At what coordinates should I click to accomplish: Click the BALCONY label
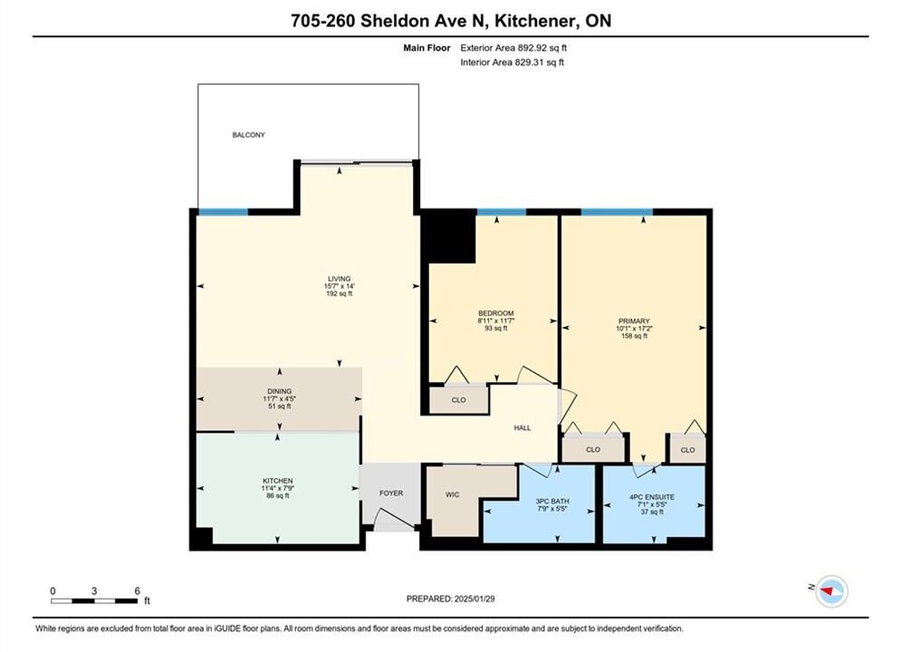(248, 135)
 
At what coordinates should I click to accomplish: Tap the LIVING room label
(339, 279)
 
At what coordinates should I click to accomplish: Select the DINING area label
(279, 391)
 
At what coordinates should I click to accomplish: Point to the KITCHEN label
(277, 481)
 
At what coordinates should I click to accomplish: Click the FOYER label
(391, 493)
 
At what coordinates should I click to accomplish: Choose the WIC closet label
(452, 494)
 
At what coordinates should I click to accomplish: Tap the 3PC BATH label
(552, 501)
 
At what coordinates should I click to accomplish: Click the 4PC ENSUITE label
(652, 497)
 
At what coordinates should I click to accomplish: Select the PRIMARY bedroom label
(634, 321)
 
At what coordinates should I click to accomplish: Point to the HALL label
(522, 428)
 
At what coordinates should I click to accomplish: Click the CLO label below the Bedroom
(458, 400)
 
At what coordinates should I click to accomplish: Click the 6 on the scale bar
(138, 590)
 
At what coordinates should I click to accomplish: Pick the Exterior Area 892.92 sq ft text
(513, 48)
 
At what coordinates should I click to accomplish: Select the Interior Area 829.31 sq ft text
(512, 62)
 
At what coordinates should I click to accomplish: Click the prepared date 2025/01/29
(474, 599)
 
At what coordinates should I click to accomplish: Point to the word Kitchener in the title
(535, 21)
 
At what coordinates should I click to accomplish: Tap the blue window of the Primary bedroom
(617, 212)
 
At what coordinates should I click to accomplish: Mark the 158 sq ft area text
(634, 336)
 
